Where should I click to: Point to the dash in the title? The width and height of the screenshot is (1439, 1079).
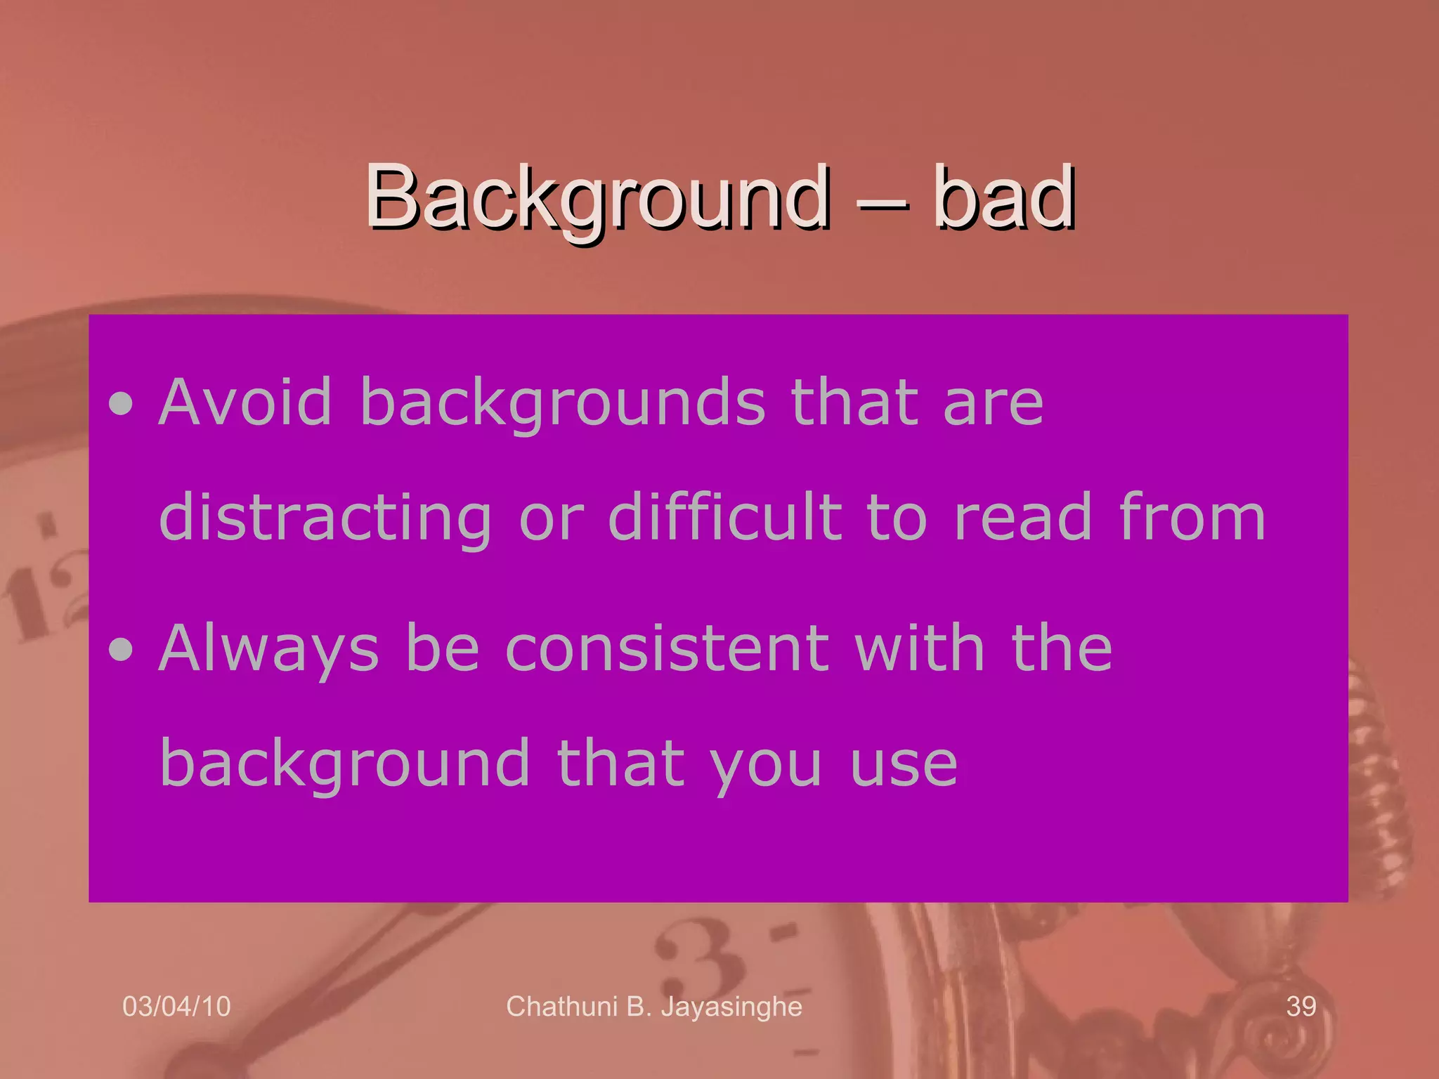(883, 204)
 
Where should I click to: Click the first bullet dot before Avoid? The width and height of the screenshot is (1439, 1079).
(122, 404)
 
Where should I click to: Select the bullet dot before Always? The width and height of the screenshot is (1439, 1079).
(122, 650)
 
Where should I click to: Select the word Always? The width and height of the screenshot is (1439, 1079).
(269, 650)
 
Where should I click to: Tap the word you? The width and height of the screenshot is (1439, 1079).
(765, 765)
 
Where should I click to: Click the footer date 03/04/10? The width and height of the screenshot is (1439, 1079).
(176, 1007)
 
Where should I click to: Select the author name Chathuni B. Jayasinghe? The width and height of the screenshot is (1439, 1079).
(654, 1007)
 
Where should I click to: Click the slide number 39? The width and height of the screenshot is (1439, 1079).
(1301, 1007)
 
